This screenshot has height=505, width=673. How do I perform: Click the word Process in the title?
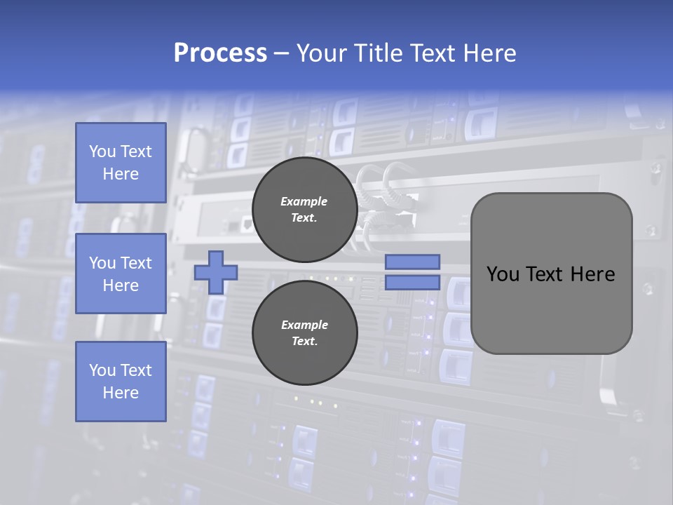(220, 53)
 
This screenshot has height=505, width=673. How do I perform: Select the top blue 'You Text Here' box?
(121, 163)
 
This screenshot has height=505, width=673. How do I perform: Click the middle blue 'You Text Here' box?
(121, 274)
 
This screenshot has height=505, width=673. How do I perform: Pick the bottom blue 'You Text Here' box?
(121, 381)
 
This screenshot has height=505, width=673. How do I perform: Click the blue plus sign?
(216, 272)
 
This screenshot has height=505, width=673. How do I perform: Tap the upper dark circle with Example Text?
(304, 209)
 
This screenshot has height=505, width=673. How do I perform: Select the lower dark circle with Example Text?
(304, 332)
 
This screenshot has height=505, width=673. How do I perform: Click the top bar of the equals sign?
(413, 262)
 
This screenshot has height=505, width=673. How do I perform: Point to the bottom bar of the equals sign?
(413, 282)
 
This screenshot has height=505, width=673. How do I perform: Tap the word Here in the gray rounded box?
(594, 274)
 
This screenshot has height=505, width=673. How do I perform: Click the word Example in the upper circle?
(304, 201)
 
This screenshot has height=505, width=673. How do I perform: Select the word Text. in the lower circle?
(304, 342)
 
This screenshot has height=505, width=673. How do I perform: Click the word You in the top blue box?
(102, 151)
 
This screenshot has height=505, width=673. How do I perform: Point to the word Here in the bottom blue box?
(121, 393)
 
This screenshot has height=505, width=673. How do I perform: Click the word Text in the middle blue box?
(136, 263)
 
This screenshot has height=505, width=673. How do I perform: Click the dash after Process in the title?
(281, 53)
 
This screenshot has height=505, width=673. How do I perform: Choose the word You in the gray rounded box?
(503, 274)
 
